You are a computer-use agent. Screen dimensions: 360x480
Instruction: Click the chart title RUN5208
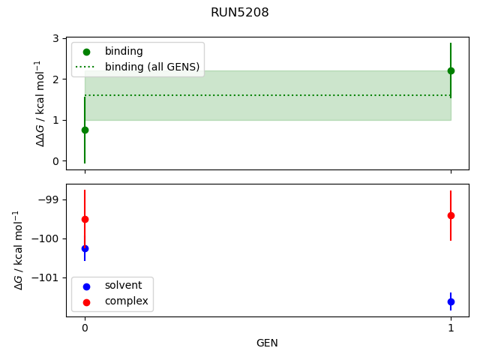point(240,13)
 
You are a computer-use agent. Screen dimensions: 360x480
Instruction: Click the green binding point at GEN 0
point(85,130)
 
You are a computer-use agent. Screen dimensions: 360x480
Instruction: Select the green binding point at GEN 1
point(451,70)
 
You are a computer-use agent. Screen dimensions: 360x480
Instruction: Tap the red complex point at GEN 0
point(85,219)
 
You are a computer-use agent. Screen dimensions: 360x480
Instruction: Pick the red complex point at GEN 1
point(451,215)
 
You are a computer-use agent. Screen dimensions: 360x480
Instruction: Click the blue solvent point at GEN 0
point(85,248)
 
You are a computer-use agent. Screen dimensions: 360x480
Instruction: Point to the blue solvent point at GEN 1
point(451,301)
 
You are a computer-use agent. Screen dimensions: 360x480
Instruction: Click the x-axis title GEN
point(268,343)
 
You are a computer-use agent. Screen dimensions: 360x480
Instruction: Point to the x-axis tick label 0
point(85,328)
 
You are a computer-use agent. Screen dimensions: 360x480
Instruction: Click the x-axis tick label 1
point(451,328)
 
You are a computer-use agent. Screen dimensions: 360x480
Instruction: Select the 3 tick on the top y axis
point(56,38)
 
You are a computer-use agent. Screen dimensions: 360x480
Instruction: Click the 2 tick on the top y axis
point(56,79)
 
